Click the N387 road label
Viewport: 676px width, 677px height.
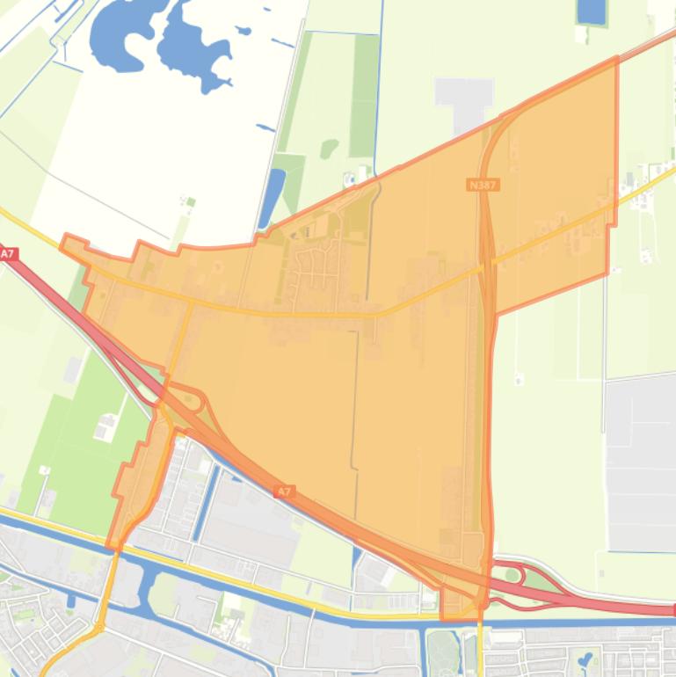point(483,185)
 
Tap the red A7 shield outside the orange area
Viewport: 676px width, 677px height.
point(8,254)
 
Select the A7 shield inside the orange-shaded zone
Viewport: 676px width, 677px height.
point(283,491)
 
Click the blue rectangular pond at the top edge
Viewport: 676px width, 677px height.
point(592,11)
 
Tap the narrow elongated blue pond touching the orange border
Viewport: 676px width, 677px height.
point(273,197)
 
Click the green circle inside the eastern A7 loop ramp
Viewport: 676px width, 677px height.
point(511,576)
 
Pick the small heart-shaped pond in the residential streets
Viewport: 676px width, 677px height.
point(582,657)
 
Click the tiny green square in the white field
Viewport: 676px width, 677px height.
point(190,202)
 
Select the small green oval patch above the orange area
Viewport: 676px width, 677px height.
point(329,149)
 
